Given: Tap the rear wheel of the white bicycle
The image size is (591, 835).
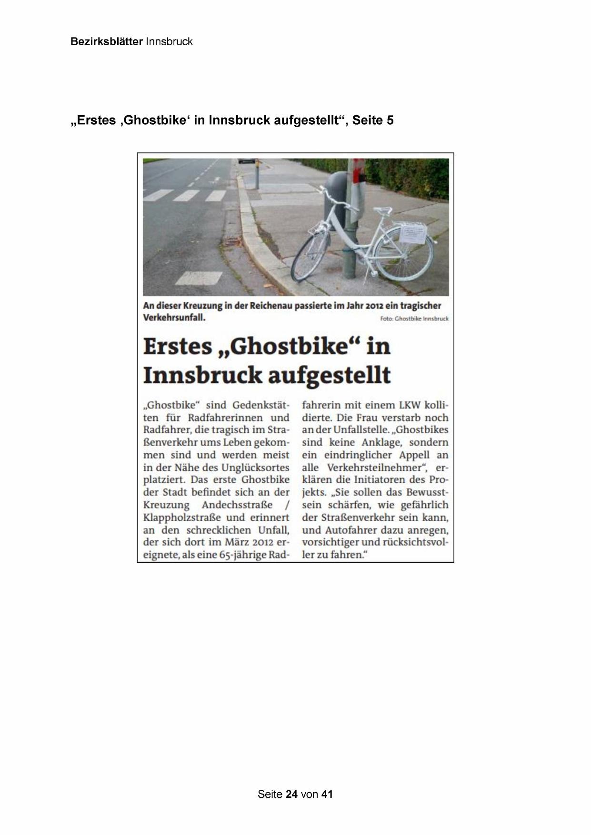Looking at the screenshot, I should (404, 253).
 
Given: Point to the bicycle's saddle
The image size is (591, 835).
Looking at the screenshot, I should (382, 210).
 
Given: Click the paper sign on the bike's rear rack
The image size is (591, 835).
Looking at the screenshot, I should (412, 234).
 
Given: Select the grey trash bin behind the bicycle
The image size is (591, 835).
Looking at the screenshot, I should (336, 195).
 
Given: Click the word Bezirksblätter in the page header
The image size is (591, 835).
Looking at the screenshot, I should (106, 41).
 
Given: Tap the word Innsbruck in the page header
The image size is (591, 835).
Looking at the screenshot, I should (169, 41).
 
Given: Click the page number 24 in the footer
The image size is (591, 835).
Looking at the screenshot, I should (292, 794).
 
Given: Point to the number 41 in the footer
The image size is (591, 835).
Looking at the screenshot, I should (327, 794).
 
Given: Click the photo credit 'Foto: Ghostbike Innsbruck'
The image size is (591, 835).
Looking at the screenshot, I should (414, 318).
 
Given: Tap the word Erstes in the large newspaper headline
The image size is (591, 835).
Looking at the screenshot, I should (178, 346).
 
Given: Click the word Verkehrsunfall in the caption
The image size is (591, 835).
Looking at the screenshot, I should (174, 318).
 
